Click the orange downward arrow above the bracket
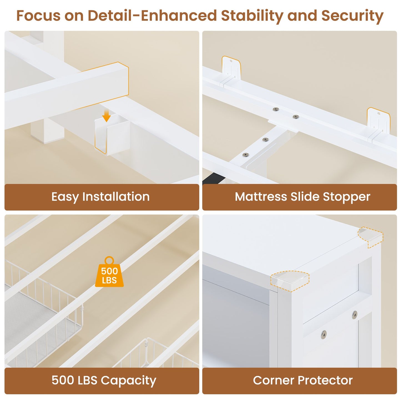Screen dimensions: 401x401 coord(106,116)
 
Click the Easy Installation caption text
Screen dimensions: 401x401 coord(100,197)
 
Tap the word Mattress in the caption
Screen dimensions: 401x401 coord(261,197)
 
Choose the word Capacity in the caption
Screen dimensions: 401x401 coord(128,381)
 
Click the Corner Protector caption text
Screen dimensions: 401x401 coord(302,380)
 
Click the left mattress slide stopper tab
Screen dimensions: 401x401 coord(231,68)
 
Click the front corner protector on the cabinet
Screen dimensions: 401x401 coord(290,281)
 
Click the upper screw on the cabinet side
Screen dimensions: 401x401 coord(355,315)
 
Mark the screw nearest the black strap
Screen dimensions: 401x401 coord(246,155)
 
